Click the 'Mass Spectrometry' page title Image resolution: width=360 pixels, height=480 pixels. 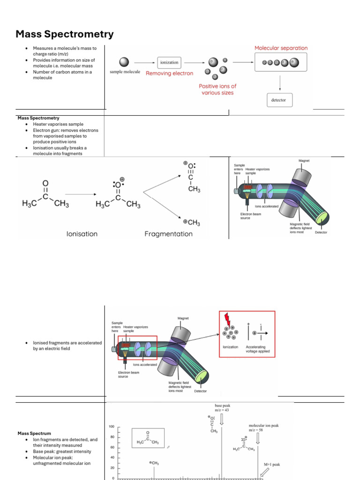[x=65, y=34]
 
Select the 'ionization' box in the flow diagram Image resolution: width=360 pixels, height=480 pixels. [x=169, y=62]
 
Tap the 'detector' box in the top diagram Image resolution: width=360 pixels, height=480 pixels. [x=278, y=100]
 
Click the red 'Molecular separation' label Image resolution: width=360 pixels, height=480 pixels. [x=281, y=48]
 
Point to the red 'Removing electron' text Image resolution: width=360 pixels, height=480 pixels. [x=169, y=74]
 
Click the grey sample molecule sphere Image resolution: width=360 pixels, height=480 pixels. [x=124, y=62]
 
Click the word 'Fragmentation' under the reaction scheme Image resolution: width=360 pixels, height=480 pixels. [x=168, y=233]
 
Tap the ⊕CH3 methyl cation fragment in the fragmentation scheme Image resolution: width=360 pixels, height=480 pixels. [x=192, y=222]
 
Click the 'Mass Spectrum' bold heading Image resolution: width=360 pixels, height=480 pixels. [x=34, y=434]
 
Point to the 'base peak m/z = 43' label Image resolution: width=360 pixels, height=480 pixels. [x=222, y=407]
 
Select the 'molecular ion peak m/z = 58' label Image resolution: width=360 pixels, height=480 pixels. [x=263, y=428]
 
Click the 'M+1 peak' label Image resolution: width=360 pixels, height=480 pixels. [x=271, y=465]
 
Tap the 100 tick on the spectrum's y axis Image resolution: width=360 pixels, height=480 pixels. [x=112, y=427]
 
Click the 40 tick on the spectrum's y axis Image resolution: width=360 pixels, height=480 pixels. [x=112, y=457]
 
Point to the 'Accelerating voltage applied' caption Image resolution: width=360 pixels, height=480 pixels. [x=258, y=349]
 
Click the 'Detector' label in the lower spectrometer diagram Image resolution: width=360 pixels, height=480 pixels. [x=200, y=391]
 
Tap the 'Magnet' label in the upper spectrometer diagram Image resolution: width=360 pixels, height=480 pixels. [x=304, y=161]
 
